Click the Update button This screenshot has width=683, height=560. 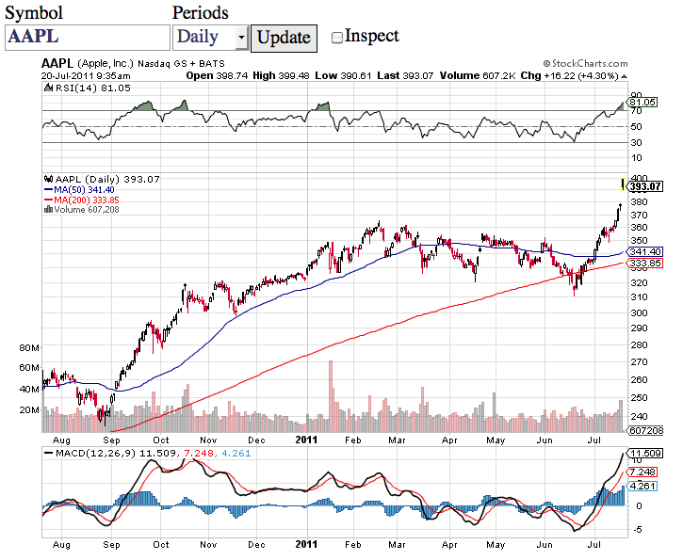(284, 37)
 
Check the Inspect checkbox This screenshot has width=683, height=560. (337, 38)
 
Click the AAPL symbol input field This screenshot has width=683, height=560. (86, 37)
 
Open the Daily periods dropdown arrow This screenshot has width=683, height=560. (241, 38)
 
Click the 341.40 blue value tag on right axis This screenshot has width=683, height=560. (643, 251)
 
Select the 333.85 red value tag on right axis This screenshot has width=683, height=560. (643, 263)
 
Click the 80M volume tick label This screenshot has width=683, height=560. (28, 347)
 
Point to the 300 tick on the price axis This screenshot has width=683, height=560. (639, 312)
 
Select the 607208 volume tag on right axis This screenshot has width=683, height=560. (645, 429)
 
